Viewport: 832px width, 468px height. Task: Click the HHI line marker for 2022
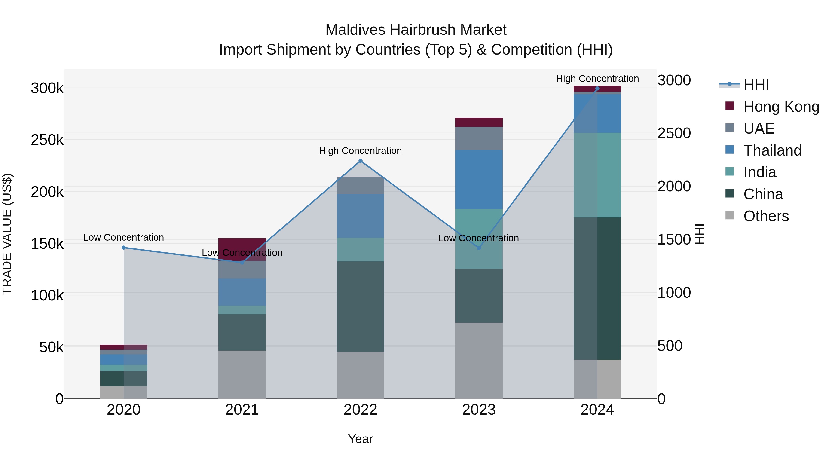click(x=361, y=161)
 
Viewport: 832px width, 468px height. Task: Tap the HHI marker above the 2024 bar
click(x=597, y=89)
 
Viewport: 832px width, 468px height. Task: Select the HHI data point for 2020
click(x=124, y=248)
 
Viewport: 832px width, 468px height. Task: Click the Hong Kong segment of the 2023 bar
click(x=479, y=122)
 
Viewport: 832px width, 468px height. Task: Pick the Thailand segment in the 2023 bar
click(x=479, y=179)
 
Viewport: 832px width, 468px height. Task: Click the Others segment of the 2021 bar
click(x=242, y=374)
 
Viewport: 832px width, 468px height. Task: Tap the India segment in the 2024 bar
click(x=597, y=175)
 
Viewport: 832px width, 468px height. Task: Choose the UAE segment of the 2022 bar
click(x=361, y=186)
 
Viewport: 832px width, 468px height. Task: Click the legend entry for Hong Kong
click(x=781, y=107)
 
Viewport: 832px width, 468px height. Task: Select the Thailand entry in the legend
click(x=772, y=150)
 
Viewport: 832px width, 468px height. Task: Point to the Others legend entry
click(x=765, y=216)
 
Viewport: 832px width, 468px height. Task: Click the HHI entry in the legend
click(x=756, y=85)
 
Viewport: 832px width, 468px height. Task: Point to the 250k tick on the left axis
click(x=47, y=140)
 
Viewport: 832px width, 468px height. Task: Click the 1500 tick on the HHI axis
click(x=674, y=240)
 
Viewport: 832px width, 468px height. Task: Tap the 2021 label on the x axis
click(x=242, y=410)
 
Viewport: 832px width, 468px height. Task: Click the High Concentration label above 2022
click(x=361, y=151)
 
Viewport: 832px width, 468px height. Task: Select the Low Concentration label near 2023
click(x=478, y=238)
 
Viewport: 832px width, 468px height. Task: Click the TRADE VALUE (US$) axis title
click(x=7, y=234)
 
